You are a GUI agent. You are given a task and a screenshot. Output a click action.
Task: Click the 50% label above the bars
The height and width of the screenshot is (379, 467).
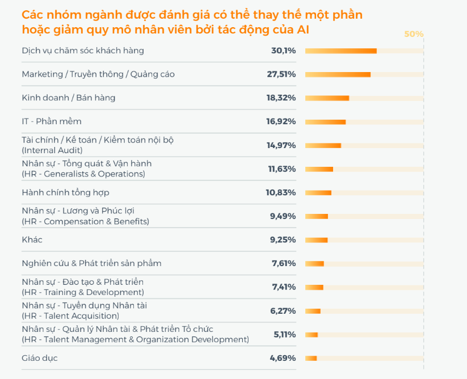[414, 34]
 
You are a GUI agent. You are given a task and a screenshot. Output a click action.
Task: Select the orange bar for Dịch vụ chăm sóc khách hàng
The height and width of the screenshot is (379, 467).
[341, 51]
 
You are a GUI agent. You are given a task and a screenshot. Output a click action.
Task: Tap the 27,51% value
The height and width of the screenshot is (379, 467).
[281, 74]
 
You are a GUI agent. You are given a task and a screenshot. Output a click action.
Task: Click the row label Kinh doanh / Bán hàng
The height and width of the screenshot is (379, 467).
[68, 98]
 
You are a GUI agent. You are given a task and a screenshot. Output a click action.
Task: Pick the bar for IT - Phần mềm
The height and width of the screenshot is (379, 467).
[325, 121]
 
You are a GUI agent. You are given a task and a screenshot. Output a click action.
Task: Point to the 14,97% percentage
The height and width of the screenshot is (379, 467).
[281, 145]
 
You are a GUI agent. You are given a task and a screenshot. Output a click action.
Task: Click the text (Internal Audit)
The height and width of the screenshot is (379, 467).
[52, 150]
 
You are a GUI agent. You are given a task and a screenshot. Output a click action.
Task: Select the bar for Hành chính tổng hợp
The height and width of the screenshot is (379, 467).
[318, 193]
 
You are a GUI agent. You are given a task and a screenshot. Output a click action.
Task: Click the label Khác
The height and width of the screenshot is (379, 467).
[32, 239]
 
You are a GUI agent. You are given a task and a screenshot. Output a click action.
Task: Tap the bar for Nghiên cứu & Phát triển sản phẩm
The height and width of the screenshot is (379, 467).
[314, 263]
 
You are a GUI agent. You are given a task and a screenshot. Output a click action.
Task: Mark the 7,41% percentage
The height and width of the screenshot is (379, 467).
[284, 287]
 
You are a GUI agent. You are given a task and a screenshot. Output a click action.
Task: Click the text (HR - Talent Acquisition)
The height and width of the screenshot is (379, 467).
[70, 315]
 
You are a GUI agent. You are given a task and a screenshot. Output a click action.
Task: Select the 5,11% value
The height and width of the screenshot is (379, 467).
[284, 334]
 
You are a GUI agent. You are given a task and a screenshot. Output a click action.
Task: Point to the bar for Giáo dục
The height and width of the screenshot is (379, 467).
[311, 358]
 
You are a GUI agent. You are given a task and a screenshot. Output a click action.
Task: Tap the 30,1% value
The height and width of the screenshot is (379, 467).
[283, 50]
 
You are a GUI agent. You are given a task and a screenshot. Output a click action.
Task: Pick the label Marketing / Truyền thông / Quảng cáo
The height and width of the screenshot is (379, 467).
[98, 74]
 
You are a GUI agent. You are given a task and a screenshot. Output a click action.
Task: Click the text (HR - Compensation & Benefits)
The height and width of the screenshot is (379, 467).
[85, 221]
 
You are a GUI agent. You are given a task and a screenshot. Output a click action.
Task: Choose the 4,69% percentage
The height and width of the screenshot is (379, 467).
[283, 358]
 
